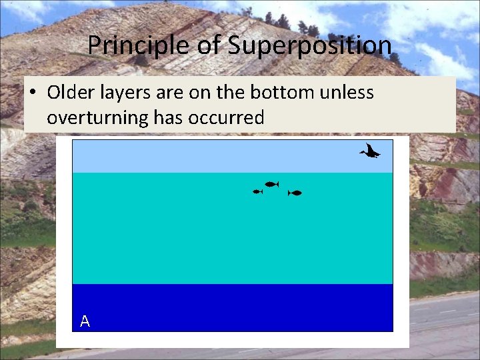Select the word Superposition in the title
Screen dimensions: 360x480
click(309, 46)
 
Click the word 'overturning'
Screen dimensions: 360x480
click(97, 117)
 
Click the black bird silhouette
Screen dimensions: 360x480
click(369, 152)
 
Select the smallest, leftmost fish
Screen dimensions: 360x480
click(257, 191)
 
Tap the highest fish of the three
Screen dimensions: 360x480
click(271, 184)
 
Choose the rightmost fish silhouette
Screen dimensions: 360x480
click(295, 193)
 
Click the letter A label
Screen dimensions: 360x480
click(85, 321)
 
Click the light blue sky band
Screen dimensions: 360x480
click(200, 156)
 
